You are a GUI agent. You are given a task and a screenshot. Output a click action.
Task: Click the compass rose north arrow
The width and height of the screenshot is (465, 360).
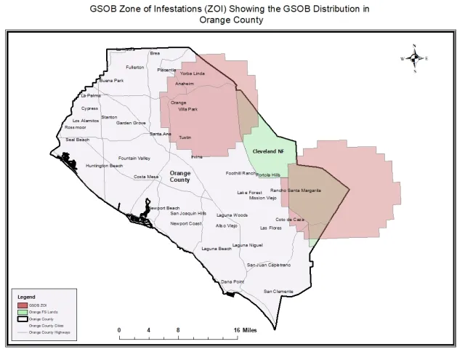(414, 58)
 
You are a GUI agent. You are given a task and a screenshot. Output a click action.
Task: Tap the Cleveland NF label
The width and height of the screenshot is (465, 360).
(267, 151)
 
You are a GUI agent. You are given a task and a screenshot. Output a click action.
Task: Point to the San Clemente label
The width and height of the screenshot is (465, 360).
(278, 291)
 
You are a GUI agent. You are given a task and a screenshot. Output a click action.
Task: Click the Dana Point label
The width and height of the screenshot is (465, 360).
(232, 281)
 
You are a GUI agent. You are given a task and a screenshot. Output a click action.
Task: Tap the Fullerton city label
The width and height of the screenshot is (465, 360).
(135, 67)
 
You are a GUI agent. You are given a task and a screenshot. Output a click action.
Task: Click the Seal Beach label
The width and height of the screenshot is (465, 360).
(77, 139)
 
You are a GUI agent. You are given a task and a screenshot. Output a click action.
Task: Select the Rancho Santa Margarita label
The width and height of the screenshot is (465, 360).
(296, 190)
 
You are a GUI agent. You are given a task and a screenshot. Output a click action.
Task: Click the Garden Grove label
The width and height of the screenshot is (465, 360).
(131, 123)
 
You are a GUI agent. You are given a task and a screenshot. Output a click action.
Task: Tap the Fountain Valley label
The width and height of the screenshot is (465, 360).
(134, 158)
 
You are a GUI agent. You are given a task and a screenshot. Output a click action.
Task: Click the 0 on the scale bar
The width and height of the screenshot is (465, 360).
(119, 329)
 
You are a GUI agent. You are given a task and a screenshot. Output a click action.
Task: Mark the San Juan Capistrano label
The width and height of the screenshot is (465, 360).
(269, 265)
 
